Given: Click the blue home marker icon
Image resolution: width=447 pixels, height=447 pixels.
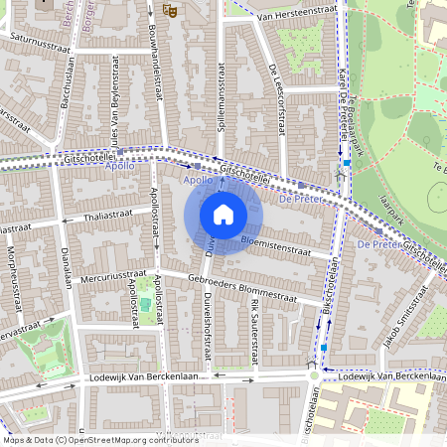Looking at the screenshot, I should click(223, 215).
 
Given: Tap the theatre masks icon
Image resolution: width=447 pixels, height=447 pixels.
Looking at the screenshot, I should click(169, 10).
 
